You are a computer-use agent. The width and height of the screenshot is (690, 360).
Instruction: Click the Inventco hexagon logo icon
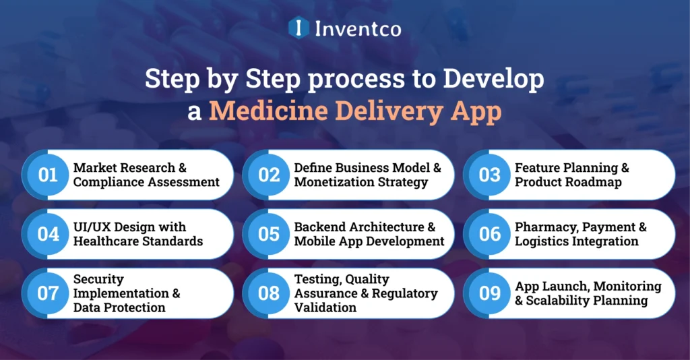click(x=298, y=28)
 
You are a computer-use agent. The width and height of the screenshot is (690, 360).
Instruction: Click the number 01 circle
click(x=48, y=175)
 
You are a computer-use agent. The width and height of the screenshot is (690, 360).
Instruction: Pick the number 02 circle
click(x=269, y=175)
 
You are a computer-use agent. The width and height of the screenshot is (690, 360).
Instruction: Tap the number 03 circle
click(x=490, y=175)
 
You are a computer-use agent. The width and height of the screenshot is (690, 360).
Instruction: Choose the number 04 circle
click(x=48, y=234)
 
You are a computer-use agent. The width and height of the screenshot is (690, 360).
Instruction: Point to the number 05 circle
click(x=269, y=234)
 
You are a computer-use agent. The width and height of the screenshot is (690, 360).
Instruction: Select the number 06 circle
click(x=490, y=234)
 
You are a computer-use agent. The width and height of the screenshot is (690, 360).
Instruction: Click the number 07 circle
click(x=48, y=293)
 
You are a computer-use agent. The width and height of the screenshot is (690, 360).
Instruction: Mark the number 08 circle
click(x=269, y=293)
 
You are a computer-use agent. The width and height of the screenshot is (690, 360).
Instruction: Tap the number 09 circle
click(x=490, y=293)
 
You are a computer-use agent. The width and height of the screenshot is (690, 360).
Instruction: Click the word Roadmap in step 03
click(x=596, y=182)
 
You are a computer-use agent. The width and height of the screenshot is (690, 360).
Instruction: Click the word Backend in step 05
click(x=319, y=227)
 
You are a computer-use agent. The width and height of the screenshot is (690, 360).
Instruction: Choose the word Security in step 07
click(x=98, y=279)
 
